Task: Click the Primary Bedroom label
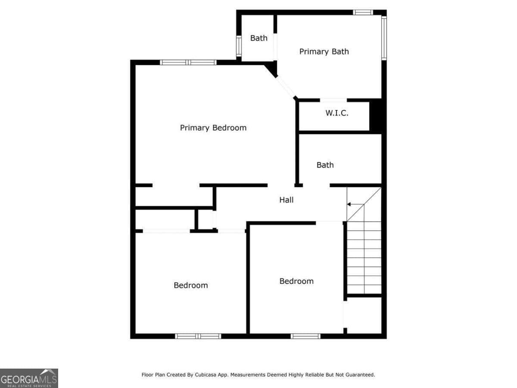[x=213, y=128]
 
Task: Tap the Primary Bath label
[x=324, y=52]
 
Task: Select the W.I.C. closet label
[x=337, y=113]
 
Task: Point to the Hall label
[x=287, y=200]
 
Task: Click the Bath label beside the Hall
[x=325, y=165]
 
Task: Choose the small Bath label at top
[x=258, y=38]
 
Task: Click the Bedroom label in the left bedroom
[x=190, y=285]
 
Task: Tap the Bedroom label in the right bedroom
[x=296, y=281]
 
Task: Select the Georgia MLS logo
[x=29, y=378]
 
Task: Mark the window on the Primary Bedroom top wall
[x=188, y=62]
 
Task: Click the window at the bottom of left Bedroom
[x=198, y=336]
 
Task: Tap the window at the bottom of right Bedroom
[x=305, y=336]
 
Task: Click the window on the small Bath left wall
[x=238, y=46]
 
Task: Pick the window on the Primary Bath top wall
[x=363, y=12]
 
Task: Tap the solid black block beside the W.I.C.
[x=377, y=116]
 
